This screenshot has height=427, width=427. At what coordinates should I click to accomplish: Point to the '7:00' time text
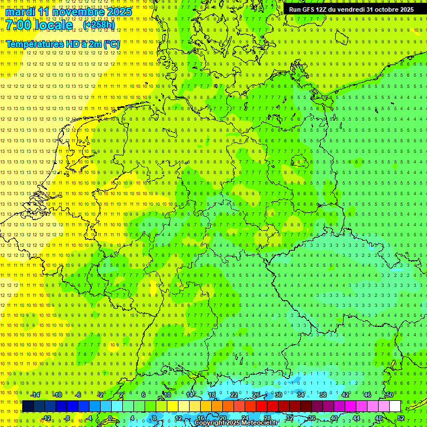pyautogui.click(x=19, y=25)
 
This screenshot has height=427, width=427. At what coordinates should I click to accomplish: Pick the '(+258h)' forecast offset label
pyautogui.click(x=99, y=25)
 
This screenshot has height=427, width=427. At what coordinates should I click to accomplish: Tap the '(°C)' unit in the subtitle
pyautogui.click(x=111, y=44)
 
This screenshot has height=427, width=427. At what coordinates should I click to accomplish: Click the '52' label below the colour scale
pyautogui.click(x=401, y=418)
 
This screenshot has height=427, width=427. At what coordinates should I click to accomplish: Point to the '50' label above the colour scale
pyautogui.click(x=390, y=395)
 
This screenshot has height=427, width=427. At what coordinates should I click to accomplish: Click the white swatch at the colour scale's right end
pyautogui.click(x=395, y=406)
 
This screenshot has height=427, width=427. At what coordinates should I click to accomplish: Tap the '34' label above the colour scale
pyautogui.click(x=301, y=395)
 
